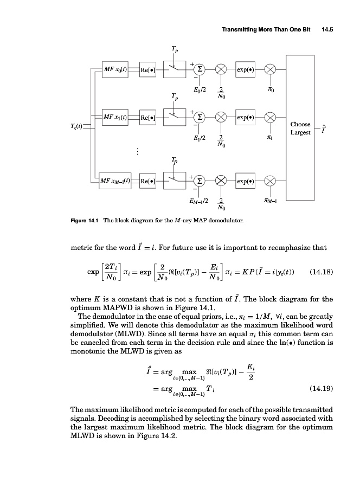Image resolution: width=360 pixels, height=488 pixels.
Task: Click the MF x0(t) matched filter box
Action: click(x=116, y=69)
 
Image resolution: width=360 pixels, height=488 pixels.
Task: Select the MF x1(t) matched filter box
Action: click(x=116, y=117)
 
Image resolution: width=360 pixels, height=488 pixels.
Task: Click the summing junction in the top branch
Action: click(x=199, y=69)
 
